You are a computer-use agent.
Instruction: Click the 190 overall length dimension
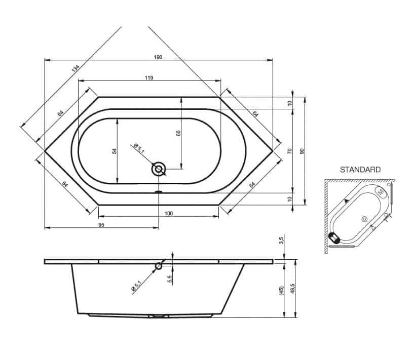click(x=158, y=57)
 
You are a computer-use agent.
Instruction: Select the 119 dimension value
click(x=149, y=78)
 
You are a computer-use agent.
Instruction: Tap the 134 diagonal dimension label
click(x=76, y=68)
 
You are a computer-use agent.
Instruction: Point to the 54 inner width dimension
click(x=115, y=151)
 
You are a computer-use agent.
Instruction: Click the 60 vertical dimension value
click(x=178, y=133)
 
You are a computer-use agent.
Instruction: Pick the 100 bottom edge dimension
click(x=169, y=214)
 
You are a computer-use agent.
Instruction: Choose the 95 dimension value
click(x=101, y=225)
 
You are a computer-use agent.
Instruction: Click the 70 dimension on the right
click(x=290, y=151)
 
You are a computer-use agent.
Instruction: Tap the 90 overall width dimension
click(x=302, y=151)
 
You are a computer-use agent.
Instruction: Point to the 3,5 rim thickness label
click(x=281, y=241)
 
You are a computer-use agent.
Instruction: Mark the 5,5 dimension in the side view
click(x=170, y=279)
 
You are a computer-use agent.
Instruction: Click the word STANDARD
click(x=360, y=170)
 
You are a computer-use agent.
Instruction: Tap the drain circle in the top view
click(x=159, y=169)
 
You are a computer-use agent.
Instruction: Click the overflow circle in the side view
click(x=159, y=266)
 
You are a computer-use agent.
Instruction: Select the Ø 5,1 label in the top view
click(x=139, y=148)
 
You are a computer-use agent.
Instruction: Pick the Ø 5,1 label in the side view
click(x=136, y=286)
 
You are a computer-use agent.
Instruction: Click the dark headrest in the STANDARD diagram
click(x=334, y=237)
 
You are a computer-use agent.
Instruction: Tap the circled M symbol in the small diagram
click(x=381, y=192)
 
